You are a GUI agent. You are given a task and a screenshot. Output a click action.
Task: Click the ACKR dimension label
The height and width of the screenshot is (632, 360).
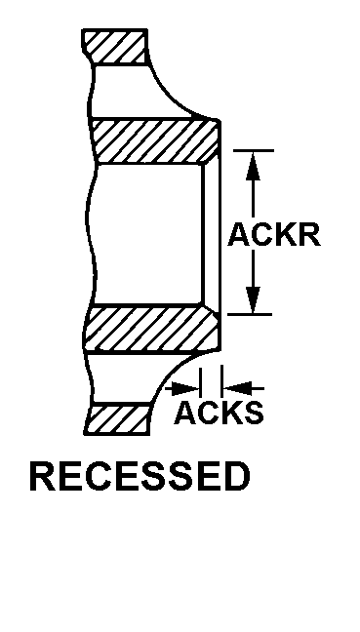click(x=273, y=235)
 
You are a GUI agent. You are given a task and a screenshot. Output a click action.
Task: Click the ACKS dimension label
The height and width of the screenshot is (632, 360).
click(x=219, y=413)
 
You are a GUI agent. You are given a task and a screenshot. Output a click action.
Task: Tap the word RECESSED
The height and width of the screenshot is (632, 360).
click(x=140, y=477)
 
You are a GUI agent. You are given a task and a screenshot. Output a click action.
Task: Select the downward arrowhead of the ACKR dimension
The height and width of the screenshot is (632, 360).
click(x=254, y=300)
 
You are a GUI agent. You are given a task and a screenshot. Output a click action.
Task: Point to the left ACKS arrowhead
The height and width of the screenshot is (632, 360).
click(x=189, y=387)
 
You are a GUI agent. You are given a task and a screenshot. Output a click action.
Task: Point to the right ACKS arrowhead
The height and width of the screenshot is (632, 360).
click(x=235, y=387)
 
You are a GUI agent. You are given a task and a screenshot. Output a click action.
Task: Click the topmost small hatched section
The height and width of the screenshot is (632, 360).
click(x=115, y=46)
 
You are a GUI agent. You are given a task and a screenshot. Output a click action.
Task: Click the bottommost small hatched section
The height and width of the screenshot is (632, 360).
click(x=117, y=419)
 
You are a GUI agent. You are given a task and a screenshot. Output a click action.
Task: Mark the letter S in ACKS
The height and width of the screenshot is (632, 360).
click(x=253, y=413)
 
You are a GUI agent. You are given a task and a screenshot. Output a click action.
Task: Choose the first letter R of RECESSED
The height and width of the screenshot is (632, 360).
click(x=42, y=477)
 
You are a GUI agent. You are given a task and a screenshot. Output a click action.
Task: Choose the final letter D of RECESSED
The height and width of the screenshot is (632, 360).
click(x=235, y=477)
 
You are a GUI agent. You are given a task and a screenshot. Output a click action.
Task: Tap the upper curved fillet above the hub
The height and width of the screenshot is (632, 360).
click(x=180, y=98)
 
